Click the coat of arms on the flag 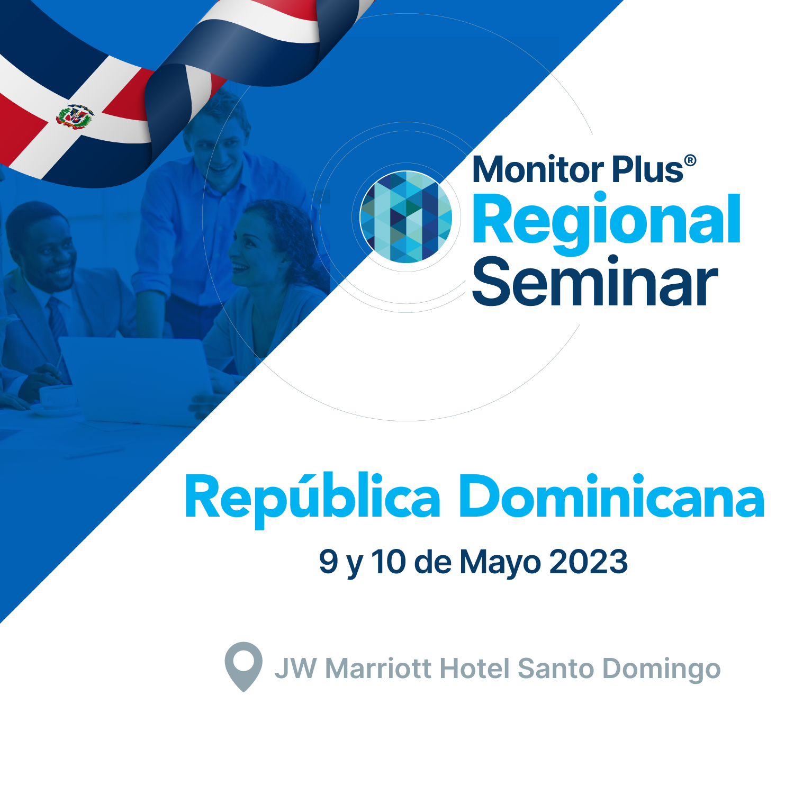coord(75,116)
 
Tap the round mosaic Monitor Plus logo coord(406,216)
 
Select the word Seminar coord(594,281)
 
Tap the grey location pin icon coord(243,666)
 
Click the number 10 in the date coord(388,562)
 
